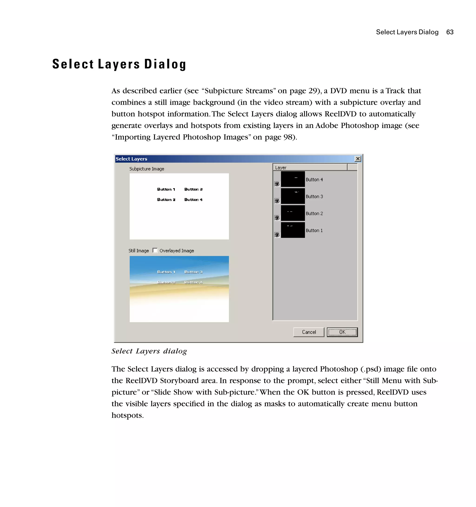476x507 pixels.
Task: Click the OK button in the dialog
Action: [342, 332]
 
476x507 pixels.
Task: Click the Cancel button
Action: [309, 332]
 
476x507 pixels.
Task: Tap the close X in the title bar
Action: [357, 159]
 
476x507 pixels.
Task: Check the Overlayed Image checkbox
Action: [155, 250]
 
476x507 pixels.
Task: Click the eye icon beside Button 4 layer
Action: [277, 184]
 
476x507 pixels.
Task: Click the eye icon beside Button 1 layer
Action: [277, 235]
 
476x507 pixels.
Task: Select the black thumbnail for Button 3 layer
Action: [293, 196]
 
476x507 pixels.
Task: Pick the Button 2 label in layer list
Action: [314, 213]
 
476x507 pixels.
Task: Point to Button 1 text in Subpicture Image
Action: [166, 189]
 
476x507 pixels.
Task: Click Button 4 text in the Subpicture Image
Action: [193, 200]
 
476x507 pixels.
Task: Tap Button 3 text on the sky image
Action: [193, 272]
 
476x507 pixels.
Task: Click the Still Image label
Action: [139, 251]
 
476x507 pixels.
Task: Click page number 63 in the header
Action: [450, 32]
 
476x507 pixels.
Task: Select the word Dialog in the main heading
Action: [165, 64]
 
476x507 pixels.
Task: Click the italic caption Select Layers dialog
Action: [149, 351]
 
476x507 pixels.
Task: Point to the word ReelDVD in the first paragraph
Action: [340, 114]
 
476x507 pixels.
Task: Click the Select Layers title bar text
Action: [132, 159]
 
